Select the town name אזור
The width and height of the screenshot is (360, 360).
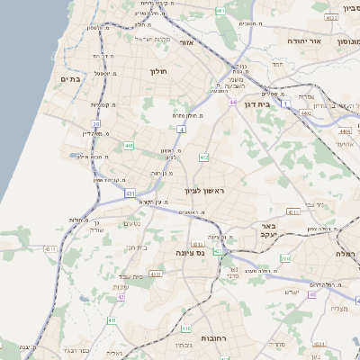[187, 42]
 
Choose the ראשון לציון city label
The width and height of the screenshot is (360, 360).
[209, 191]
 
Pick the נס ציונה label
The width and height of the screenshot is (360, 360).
[189, 253]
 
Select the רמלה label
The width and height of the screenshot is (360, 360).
[346, 254]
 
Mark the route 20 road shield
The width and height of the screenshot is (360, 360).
[96, 123]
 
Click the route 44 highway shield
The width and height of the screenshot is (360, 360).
[232, 103]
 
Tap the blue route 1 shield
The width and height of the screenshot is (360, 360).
[286, 103]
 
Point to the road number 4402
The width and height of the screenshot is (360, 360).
[306, 113]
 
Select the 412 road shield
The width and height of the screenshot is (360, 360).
[204, 157]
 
